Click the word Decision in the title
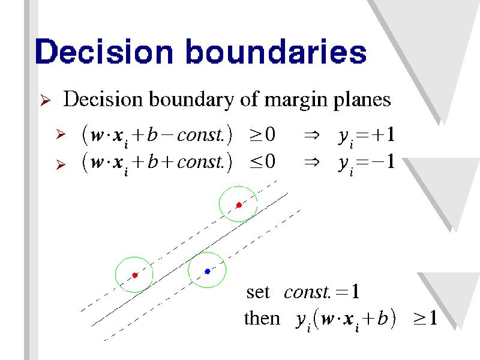coord(104,52)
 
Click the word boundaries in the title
coord(276,51)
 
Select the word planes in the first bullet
coord(362,100)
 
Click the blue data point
coord(208,271)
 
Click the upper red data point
coord(239,205)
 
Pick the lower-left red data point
coord(135,275)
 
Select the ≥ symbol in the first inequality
coord(256,135)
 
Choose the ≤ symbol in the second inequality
coord(256,162)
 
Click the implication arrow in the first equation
coord(311,135)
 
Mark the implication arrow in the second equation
coord(311,162)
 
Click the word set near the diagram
coord(258,293)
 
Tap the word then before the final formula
coord(262,318)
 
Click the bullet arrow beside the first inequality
coord(61,134)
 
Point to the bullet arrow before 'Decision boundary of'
coord(46,100)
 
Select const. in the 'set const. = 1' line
coord(307,292)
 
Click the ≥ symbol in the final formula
coord(419,319)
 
